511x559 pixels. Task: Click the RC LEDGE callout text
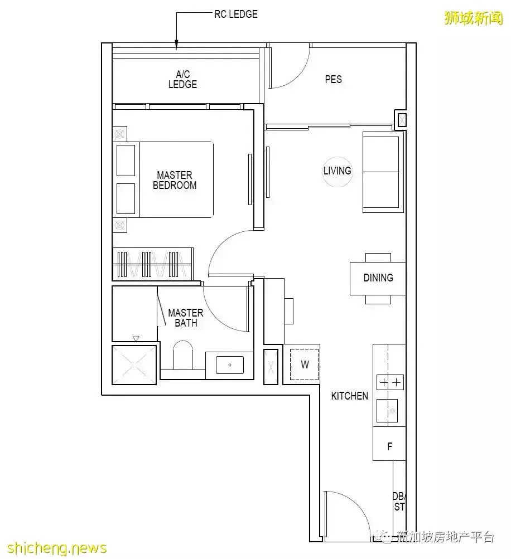click(235, 14)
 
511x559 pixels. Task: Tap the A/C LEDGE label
click(183, 79)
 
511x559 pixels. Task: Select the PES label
click(333, 79)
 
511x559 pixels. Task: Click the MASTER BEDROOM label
click(175, 180)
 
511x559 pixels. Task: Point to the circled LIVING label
click(337, 171)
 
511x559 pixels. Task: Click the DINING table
click(378, 279)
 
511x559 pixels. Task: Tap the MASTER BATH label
click(186, 318)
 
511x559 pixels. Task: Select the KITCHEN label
click(349, 396)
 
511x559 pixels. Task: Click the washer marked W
click(305, 364)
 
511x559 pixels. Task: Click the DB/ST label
click(399, 502)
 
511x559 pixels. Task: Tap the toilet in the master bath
click(183, 354)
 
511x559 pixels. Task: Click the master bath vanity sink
click(230, 364)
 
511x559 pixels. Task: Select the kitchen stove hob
click(390, 383)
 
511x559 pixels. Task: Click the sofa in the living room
click(381, 172)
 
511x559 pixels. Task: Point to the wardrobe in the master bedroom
click(153, 264)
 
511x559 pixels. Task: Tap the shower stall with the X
click(134, 364)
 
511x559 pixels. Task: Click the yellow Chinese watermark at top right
click(473, 17)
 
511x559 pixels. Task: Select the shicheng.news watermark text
click(57, 548)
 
